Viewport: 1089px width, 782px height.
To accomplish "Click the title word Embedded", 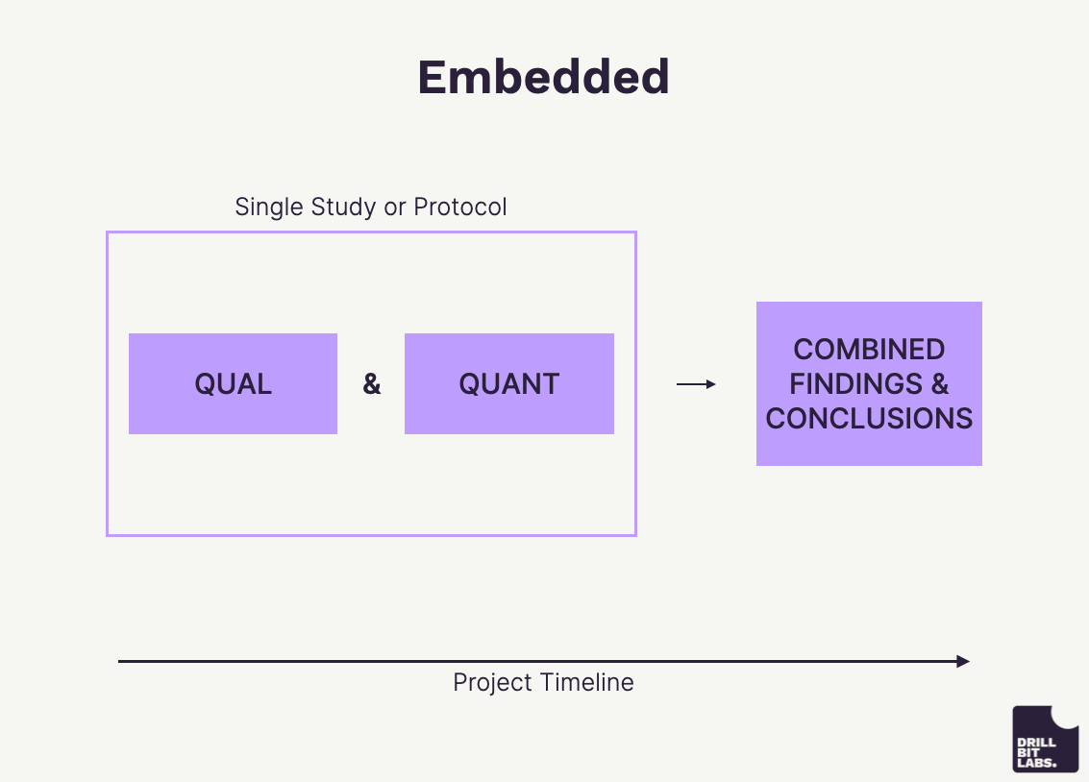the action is pyautogui.click(x=543, y=77).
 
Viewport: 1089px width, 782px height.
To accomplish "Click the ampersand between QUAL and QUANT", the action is pyautogui.click(x=372, y=384).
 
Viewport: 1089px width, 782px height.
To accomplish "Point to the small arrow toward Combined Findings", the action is pyautogui.click(x=696, y=384).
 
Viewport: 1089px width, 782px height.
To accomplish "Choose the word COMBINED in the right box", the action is pyautogui.click(x=869, y=350).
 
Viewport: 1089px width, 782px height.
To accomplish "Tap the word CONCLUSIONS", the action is pyautogui.click(x=869, y=419).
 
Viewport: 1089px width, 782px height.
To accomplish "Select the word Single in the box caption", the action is pyautogui.click(x=269, y=207).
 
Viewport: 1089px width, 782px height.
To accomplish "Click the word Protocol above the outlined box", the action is pyautogui.click(x=459, y=207).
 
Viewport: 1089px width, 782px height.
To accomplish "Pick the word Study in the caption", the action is pyautogui.click(x=342, y=207).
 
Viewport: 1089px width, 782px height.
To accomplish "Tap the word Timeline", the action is pyautogui.click(x=587, y=683).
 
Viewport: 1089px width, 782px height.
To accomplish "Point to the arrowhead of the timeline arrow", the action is pyautogui.click(x=964, y=661).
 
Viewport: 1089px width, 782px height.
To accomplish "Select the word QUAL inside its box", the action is pyautogui.click(x=233, y=384).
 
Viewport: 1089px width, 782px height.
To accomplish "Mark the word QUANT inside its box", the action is pyautogui.click(x=508, y=384).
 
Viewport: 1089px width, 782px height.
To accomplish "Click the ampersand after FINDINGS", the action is pyautogui.click(x=939, y=384).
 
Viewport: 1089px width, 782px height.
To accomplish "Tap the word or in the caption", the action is pyautogui.click(x=394, y=207).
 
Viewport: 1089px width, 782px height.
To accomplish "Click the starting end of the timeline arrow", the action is pyautogui.click(x=121, y=661).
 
